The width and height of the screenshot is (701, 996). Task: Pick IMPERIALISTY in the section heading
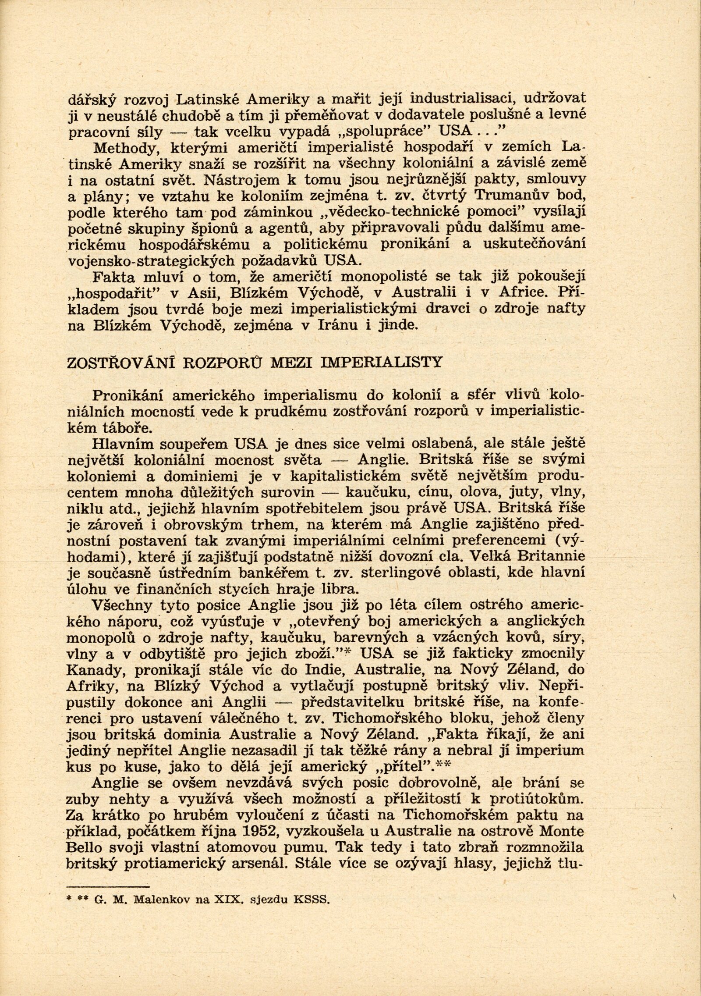389,363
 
